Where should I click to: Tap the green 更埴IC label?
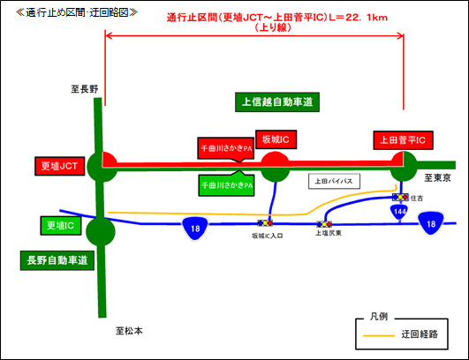pyautogui.click(x=60, y=225)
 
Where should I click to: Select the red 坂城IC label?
pyautogui.click(x=276, y=139)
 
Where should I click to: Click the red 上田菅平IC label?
pyautogui.click(x=402, y=139)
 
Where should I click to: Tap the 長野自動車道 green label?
pyautogui.click(x=57, y=260)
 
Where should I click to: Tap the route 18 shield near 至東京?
pyautogui.click(x=431, y=226)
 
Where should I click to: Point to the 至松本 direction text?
pyautogui.click(x=130, y=331)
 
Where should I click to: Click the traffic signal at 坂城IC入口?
pyautogui.click(x=265, y=224)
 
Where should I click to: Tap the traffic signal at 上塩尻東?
pyautogui.click(x=323, y=224)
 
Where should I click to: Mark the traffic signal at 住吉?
pyautogui.click(x=401, y=198)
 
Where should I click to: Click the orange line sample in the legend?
pyautogui.click(x=377, y=335)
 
